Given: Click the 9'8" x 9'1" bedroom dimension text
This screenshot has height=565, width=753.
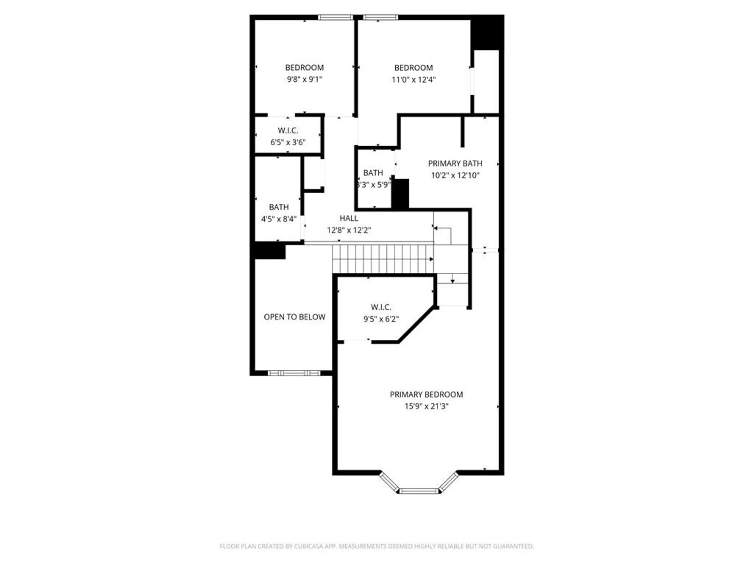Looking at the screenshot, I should point(304,79).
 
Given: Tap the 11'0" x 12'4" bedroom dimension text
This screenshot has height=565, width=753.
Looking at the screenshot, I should point(413,80).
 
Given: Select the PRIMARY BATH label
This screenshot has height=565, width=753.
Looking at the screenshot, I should point(455,163).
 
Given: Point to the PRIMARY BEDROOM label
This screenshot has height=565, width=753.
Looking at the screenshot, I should point(426,394).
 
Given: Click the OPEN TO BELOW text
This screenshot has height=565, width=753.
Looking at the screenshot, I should point(294,317).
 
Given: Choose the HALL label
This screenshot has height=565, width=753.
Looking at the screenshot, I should point(349,218).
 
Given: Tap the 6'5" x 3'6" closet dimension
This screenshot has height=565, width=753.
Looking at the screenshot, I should point(288,142).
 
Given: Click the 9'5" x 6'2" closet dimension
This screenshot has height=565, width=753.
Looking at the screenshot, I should point(381,319).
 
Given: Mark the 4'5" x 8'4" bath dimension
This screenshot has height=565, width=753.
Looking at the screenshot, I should point(279,219).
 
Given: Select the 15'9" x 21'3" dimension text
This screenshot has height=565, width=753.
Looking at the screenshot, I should point(426,406).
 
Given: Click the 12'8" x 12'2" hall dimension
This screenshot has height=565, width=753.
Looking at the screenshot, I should point(349,230).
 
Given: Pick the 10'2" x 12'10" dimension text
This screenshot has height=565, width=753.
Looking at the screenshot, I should point(455,175).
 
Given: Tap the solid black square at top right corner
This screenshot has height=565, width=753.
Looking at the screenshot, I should point(487,32).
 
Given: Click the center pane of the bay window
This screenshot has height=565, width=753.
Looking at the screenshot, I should point(419,491).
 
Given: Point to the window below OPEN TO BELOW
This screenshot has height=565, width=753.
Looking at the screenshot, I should point(294,373).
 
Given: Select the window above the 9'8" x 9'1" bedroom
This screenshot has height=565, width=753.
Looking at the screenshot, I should point(335,17).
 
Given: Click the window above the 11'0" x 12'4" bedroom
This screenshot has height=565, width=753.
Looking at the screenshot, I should point(380,17).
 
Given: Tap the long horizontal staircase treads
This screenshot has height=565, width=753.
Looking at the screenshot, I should point(382,259).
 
